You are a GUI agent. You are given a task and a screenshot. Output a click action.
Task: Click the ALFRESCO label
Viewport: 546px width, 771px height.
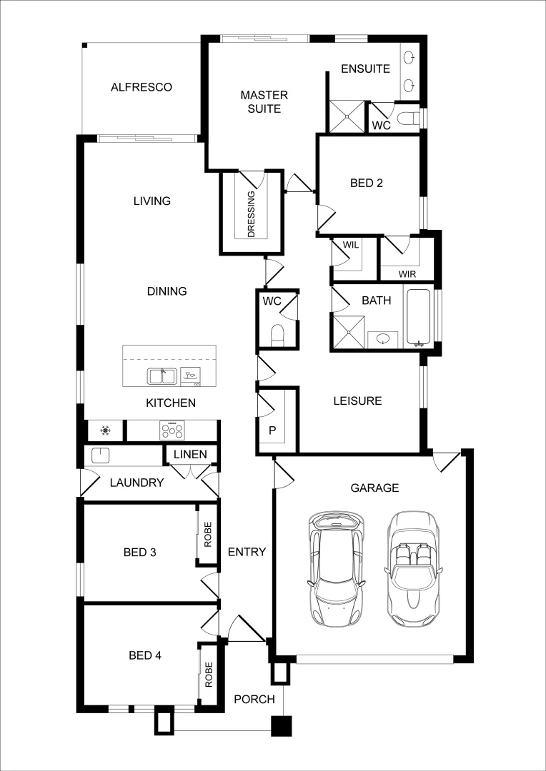tap(142, 87)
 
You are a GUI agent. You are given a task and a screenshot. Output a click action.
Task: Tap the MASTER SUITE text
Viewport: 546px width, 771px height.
tap(264, 102)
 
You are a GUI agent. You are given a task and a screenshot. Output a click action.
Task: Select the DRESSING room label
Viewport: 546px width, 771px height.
tap(251, 213)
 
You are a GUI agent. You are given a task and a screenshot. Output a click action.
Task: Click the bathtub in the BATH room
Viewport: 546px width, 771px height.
tap(419, 317)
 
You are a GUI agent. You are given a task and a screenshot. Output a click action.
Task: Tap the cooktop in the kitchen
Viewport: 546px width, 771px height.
tap(172, 430)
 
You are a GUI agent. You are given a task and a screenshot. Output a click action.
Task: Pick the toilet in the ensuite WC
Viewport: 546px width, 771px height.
tap(408, 119)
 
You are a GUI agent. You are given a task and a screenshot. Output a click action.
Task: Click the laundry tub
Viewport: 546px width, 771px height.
tap(99, 455)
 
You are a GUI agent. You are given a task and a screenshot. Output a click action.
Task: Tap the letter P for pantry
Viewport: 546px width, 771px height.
tap(272, 430)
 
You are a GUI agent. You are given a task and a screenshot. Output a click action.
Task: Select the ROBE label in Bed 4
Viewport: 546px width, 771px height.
tap(209, 675)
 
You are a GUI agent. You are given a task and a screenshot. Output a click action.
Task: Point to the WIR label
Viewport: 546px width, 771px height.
tap(407, 273)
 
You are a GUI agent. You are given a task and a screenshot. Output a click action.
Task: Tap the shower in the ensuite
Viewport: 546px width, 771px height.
tap(346, 116)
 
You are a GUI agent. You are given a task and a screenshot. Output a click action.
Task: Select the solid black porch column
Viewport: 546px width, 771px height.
tap(281, 726)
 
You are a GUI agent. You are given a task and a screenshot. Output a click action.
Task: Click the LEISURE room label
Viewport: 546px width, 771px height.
tap(357, 400)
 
